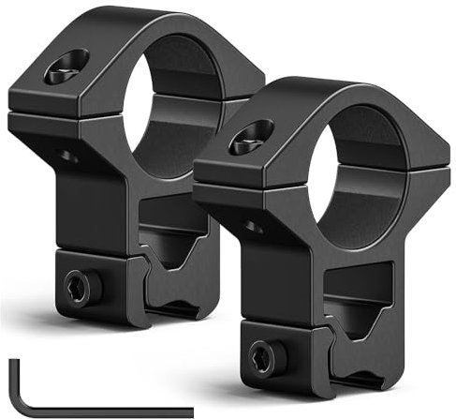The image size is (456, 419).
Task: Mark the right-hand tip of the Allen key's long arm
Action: [x=189, y=411]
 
